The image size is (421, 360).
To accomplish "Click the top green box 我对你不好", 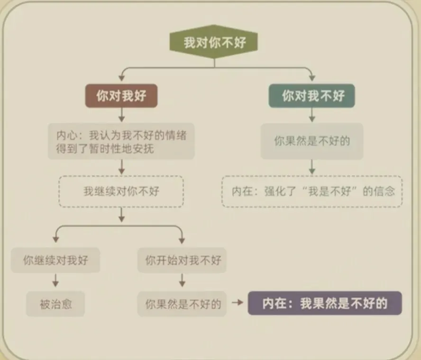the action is [214, 43].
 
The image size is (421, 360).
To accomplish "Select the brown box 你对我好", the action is [121, 96].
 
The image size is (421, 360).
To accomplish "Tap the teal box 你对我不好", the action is [312, 96].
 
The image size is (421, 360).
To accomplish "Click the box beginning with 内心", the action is [121, 142].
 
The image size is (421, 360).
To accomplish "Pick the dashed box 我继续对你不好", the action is [121, 191].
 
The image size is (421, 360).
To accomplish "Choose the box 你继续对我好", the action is [55, 260].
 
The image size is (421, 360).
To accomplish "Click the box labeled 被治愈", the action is [55, 304].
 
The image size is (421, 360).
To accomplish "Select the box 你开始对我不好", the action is [183, 260].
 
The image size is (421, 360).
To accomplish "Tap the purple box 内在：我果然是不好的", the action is [325, 304].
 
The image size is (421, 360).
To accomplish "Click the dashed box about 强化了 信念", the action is [312, 191].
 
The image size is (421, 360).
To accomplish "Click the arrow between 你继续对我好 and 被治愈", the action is [55, 281].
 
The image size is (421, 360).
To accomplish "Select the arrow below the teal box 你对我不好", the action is [312, 115].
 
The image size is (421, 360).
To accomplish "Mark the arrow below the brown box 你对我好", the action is [121, 115].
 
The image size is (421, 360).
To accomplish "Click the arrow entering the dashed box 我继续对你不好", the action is [121, 167].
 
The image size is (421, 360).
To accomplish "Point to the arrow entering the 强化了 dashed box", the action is [312, 167].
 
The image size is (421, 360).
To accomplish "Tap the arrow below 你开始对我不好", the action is [183, 281].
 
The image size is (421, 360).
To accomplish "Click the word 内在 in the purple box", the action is [275, 304].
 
